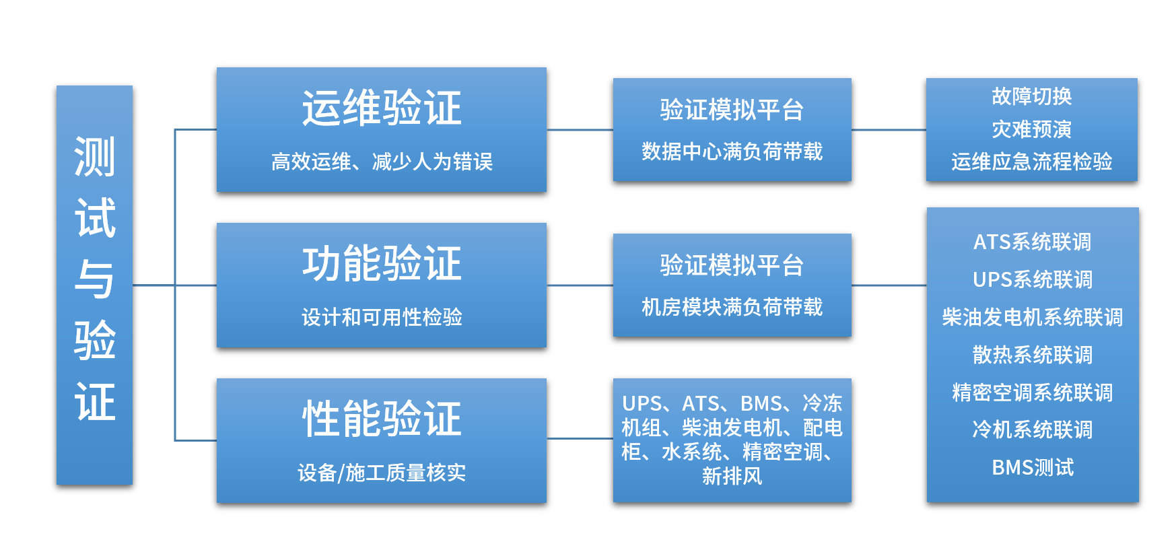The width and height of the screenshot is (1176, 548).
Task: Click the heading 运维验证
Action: point(382,108)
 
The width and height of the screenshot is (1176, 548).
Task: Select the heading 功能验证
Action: point(382,263)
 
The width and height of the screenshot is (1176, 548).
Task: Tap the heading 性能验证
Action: point(382,419)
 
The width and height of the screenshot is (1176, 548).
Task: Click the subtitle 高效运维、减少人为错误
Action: point(382,162)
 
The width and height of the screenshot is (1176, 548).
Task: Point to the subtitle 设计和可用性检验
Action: point(382,317)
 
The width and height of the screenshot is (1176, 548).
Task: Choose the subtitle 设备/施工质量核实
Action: point(382,473)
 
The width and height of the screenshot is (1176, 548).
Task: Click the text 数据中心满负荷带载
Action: point(732,151)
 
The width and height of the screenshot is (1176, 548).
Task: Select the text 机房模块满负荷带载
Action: point(732,307)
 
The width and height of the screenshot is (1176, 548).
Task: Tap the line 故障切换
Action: point(1031,96)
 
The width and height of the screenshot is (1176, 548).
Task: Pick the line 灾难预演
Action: point(1031,129)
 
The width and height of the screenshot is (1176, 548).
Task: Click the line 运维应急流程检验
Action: point(1031,162)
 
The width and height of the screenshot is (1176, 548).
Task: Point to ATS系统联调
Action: point(1032,242)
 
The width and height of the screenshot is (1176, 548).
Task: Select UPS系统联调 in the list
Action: point(1032,279)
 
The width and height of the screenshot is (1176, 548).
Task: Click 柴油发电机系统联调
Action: point(1032,317)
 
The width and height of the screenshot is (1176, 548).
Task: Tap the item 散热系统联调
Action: point(1032,355)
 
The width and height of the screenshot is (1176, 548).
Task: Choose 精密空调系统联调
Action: point(1032,392)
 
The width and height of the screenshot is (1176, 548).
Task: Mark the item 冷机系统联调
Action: point(1032,430)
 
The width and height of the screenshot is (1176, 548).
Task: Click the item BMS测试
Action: point(1032,467)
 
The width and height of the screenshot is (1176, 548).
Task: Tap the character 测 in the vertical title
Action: point(94,157)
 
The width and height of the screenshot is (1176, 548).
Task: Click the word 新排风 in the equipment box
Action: point(732,476)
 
